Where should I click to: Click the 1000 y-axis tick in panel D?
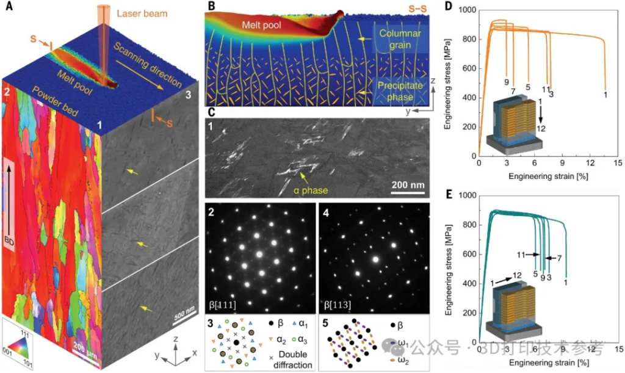(x=466, y=10)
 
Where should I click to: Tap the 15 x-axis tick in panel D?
(x=617, y=164)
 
